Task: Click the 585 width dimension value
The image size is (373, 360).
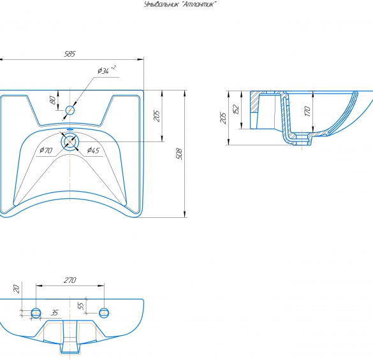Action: (69, 54)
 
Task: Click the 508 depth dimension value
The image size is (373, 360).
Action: (179, 154)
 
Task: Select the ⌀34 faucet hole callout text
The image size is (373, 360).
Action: (103, 71)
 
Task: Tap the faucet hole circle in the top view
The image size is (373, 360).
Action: (70, 110)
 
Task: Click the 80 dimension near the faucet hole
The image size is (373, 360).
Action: (53, 100)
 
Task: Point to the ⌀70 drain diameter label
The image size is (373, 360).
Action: (46, 150)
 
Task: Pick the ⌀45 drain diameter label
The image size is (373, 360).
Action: (93, 150)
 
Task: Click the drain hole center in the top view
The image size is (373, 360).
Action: (70, 141)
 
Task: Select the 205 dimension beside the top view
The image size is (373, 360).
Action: (156, 115)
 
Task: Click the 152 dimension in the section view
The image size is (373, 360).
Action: (236, 110)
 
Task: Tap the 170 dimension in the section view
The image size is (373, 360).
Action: (307, 112)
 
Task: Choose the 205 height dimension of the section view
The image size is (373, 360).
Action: (223, 117)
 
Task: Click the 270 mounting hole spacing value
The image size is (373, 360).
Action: (69, 280)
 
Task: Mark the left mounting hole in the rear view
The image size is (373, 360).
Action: (36, 313)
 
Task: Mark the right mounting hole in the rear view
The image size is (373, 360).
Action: (104, 313)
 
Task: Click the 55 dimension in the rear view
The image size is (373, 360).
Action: (81, 306)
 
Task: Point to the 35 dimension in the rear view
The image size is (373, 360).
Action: (54, 313)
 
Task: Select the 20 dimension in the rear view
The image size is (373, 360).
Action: (16, 289)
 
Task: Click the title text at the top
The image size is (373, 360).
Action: (180, 4)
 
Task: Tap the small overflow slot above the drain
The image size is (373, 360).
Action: (70, 129)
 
